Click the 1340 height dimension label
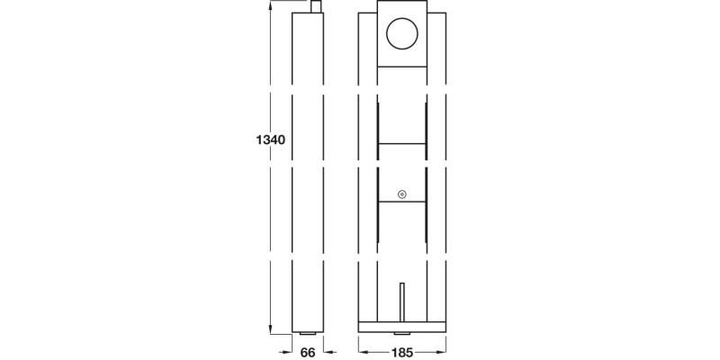pyautogui.click(x=270, y=140)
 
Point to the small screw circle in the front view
pyautogui.click(x=402, y=194)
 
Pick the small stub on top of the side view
pyautogui.click(x=316, y=6)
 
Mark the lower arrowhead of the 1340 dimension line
pyautogui.click(x=270, y=329)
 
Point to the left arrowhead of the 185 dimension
pyautogui.click(x=362, y=352)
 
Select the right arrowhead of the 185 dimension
pyautogui.click(x=443, y=352)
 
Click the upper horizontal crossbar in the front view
pyautogui.click(x=402, y=142)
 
